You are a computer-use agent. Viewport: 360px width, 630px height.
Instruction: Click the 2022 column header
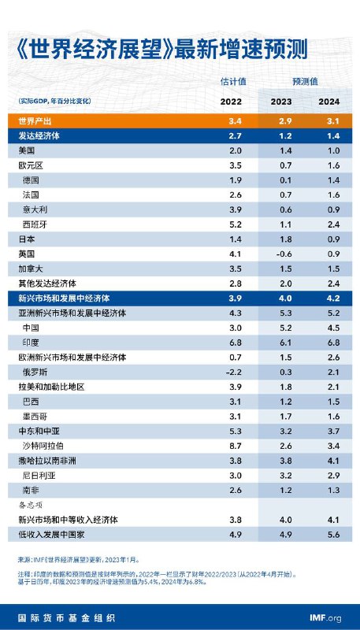click(230, 102)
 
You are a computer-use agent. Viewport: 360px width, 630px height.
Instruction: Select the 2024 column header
click(329, 102)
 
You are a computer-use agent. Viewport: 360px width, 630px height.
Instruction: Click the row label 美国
click(27, 150)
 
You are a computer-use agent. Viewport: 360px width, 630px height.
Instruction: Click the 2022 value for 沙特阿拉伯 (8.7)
click(235, 446)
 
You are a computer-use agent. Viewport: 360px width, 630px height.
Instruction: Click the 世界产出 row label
click(35, 120)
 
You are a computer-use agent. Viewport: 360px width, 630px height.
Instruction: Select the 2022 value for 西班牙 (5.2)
click(235, 224)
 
